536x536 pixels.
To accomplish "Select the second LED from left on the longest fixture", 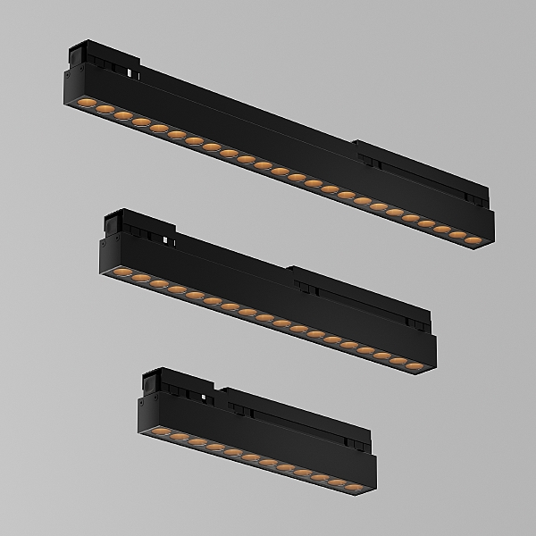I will [x=101, y=112].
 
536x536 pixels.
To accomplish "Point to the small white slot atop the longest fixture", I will [x=131, y=70].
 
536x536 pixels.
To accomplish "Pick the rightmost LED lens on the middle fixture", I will [x=419, y=365].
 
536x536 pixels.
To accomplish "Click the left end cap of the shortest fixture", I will [x=141, y=413].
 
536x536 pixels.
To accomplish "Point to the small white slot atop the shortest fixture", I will [x=205, y=397].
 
